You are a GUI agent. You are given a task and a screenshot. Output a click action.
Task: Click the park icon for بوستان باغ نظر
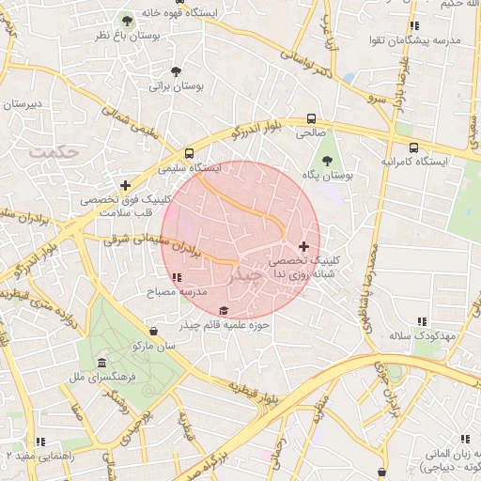coord(127,21)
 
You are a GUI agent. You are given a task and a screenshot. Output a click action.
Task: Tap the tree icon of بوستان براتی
coord(177,71)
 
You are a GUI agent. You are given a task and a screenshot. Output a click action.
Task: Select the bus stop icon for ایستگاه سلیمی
coord(190,153)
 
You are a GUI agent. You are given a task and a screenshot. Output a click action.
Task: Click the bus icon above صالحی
coord(310,119)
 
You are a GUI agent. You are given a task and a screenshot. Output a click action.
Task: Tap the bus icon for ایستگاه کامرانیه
coord(413,147)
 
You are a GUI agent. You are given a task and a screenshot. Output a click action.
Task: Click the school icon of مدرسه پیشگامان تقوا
coord(414,25)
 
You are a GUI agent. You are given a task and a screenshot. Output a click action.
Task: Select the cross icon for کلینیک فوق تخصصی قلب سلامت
coord(126,185)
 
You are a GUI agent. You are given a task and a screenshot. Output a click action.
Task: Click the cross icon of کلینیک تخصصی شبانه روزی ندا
coord(303,245)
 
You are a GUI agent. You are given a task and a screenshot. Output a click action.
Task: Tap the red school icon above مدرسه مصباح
coord(178,277)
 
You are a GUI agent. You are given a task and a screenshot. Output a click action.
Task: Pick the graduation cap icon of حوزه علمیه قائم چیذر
coord(223,311)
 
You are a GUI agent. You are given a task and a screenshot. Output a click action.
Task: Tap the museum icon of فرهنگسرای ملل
coord(101,364)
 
